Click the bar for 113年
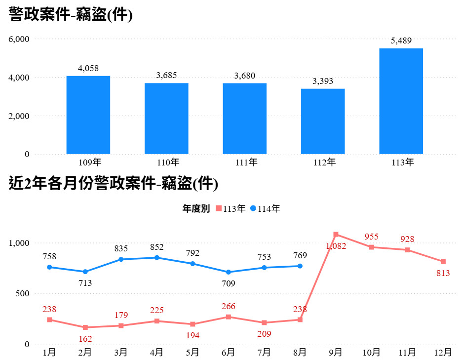click(401, 101)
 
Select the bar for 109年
click(88, 115)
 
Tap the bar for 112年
click(323, 121)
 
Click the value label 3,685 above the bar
click(166, 75)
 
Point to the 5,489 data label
click(401, 40)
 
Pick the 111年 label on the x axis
click(245, 162)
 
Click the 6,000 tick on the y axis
click(20, 39)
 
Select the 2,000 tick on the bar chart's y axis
click(20, 116)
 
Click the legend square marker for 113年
click(219, 209)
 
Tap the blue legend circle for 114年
click(253, 209)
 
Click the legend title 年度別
click(196, 209)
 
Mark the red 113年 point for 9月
click(336, 235)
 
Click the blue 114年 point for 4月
click(157, 258)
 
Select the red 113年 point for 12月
click(443, 262)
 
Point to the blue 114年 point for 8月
click(300, 266)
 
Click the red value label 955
click(371, 237)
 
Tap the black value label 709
click(229, 283)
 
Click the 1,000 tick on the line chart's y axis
click(20, 243)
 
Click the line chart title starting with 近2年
click(114, 184)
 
